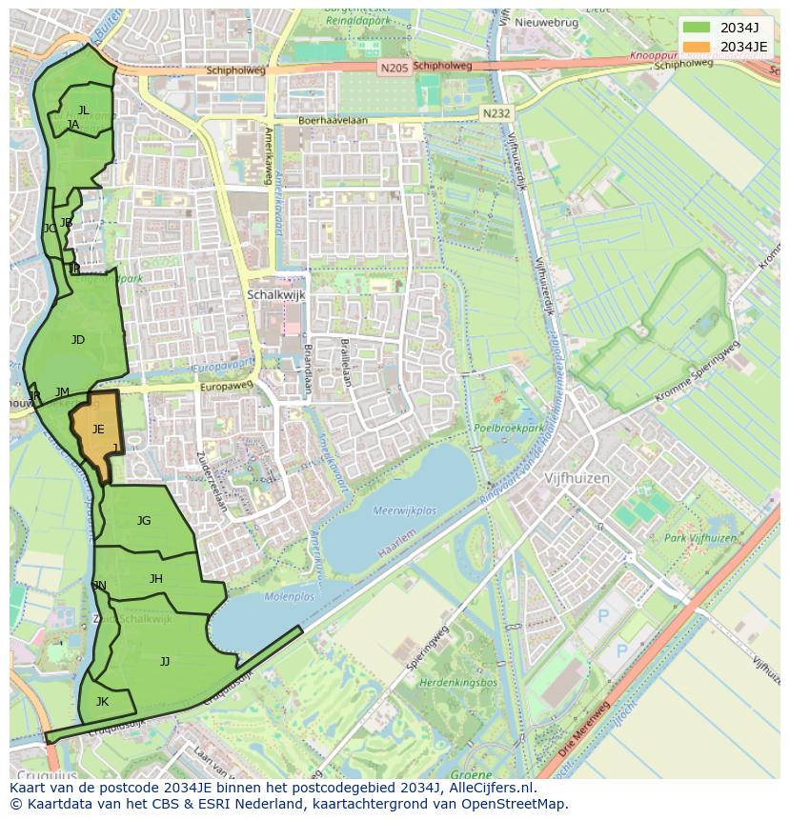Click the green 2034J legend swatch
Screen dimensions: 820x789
tap(697, 28)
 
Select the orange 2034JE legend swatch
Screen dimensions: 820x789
tap(697, 47)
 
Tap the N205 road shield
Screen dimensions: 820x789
tap(392, 68)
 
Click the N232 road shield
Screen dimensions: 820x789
tap(496, 112)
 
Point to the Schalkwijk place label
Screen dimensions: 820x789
tap(276, 295)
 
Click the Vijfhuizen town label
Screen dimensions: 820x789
tap(577, 478)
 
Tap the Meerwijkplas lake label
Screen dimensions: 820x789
tap(404, 511)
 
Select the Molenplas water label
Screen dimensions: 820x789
tap(289, 597)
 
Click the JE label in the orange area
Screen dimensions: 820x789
tap(98, 430)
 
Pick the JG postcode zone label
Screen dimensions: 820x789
tap(144, 521)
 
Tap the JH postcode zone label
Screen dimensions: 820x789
tap(156, 579)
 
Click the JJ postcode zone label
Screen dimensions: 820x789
tap(165, 661)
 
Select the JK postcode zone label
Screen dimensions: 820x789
tap(102, 702)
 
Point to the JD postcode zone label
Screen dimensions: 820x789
tap(78, 340)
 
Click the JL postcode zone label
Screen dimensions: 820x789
tap(84, 110)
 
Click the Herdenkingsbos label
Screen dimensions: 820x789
tap(459, 683)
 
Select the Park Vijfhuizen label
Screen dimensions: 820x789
tap(701, 538)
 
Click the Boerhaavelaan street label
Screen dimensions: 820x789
tap(333, 121)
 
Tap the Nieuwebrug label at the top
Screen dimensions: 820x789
tap(547, 22)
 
